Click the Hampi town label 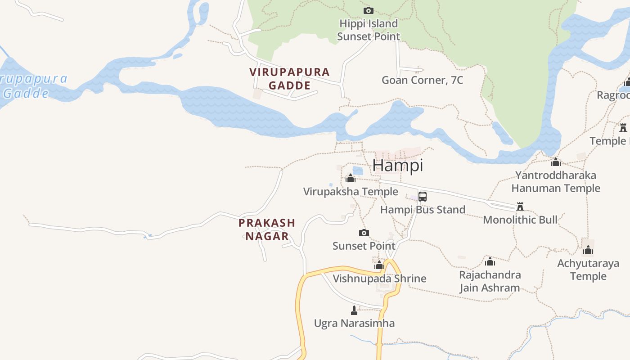(x=398, y=166)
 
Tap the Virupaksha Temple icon (x=351, y=179)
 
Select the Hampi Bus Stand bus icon (x=422, y=197)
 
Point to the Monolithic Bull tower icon (x=520, y=207)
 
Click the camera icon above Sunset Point (x=364, y=233)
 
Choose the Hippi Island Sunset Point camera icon (x=369, y=10)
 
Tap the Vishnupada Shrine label (x=379, y=279)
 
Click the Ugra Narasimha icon (x=354, y=310)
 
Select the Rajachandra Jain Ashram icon (x=490, y=261)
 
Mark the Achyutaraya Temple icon (x=588, y=250)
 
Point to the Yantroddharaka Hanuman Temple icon (x=556, y=162)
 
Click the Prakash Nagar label (x=267, y=229)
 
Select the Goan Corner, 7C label (x=422, y=80)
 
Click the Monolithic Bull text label (x=520, y=220)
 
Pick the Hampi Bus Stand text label (x=423, y=210)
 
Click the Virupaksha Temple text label (x=351, y=192)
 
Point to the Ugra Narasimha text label (x=354, y=323)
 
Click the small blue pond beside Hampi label (x=358, y=171)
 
